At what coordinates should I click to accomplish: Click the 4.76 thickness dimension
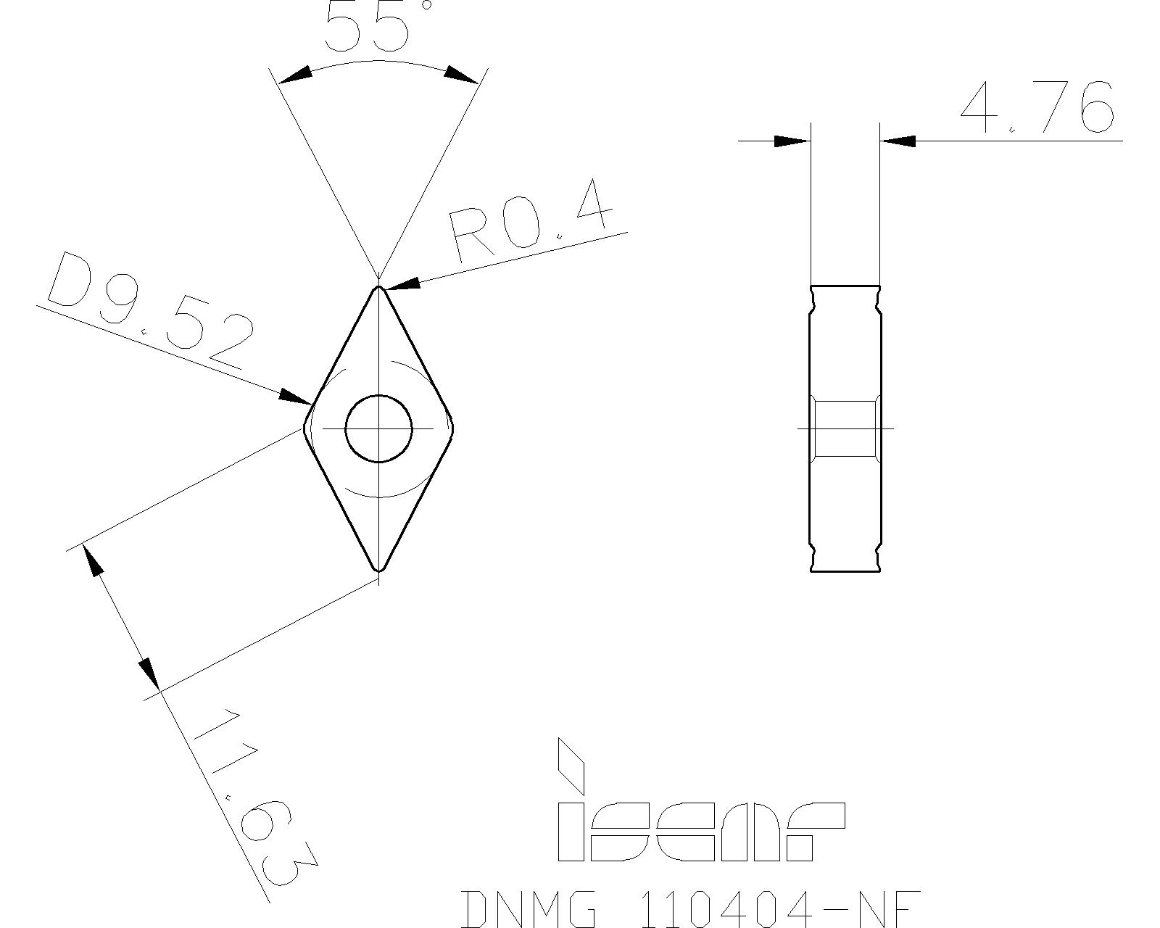point(1037,109)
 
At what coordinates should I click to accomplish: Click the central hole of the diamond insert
point(379,428)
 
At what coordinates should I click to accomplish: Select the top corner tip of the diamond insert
point(379,287)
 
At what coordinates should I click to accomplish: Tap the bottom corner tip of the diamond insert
point(379,570)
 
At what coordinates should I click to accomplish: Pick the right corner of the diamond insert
point(452,428)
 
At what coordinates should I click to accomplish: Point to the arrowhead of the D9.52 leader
point(296,397)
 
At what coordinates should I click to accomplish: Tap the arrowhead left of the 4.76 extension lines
point(791,141)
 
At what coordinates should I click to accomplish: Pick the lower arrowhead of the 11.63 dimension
point(150,673)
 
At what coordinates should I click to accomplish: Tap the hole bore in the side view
point(845,428)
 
